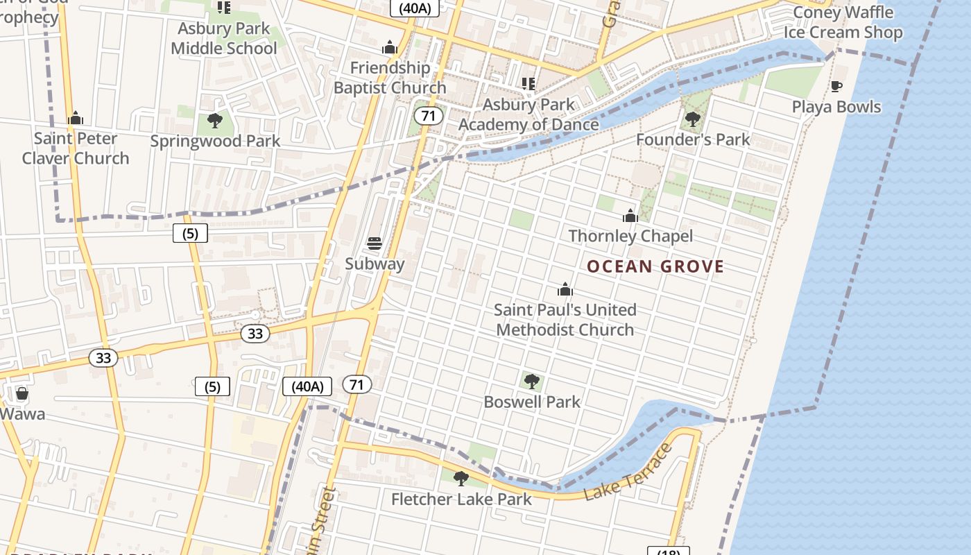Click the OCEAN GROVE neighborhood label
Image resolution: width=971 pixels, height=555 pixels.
(655, 266)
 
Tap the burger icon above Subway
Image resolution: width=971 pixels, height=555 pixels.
(375, 244)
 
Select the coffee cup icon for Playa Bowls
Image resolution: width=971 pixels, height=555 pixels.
(836, 87)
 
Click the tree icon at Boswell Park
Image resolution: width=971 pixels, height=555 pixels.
(531, 381)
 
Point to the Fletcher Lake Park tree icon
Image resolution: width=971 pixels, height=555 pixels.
(461, 478)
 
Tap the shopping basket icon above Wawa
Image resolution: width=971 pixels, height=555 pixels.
(22, 393)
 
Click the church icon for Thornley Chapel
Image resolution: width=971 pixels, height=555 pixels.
(630, 216)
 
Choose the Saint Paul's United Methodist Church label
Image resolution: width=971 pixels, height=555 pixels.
(565, 319)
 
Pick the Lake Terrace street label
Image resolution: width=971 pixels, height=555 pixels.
(628, 472)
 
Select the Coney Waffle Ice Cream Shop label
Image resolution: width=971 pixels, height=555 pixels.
(843, 22)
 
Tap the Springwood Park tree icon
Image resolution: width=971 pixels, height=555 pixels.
(215, 121)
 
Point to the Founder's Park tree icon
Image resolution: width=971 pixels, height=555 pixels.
(692, 119)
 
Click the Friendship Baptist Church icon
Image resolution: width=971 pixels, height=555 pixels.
(390, 47)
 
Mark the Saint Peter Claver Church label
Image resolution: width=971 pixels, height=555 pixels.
(76, 148)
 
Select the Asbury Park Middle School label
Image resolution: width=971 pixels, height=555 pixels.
(223, 38)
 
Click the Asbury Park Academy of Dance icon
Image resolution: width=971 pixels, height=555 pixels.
(529, 84)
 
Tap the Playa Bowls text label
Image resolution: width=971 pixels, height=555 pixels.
(836, 107)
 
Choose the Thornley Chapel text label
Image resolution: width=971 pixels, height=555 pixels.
(630, 236)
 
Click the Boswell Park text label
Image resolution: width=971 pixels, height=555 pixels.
(532, 402)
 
